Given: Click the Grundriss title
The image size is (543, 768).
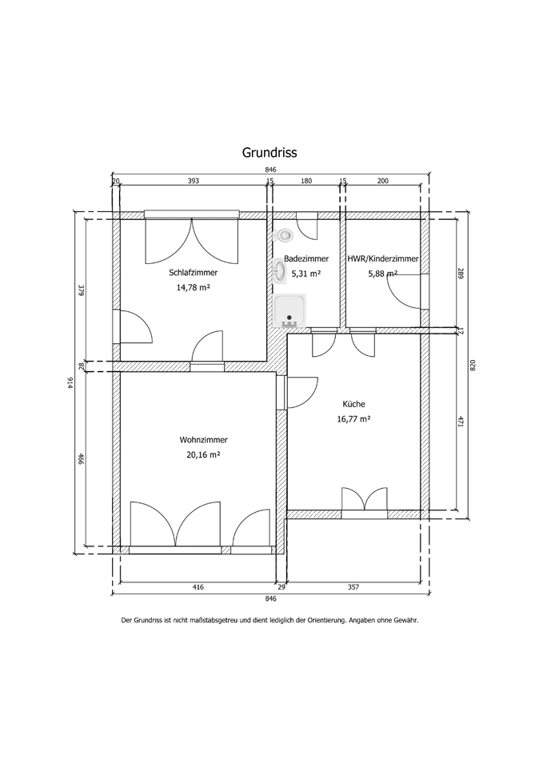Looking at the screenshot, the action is [270, 153].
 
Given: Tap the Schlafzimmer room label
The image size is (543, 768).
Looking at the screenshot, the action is [194, 273].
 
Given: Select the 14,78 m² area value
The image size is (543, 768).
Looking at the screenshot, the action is [194, 287].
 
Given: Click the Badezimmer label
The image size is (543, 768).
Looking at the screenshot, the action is [306, 258].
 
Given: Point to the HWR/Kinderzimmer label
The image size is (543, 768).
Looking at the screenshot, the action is [383, 258].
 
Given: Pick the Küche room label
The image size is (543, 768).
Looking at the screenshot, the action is [353, 404].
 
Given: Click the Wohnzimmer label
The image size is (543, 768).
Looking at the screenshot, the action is [203, 440].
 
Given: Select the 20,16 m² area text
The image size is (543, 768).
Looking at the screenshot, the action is [203, 454].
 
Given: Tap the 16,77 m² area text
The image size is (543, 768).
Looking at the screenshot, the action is [353, 418].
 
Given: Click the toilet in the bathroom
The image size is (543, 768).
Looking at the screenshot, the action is [284, 235].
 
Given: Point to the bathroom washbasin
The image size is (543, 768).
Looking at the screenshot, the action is [280, 271].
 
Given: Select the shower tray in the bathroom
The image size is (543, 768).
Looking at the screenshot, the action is [289, 311].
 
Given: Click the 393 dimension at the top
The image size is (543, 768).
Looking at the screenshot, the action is [194, 181].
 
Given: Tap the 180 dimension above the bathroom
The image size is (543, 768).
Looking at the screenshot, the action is [306, 181].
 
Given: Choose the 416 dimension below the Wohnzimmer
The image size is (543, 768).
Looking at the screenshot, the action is [198, 586].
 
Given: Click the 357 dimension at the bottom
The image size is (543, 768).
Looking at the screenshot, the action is [353, 586].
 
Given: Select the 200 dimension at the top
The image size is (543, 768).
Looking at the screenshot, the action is [383, 181].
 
